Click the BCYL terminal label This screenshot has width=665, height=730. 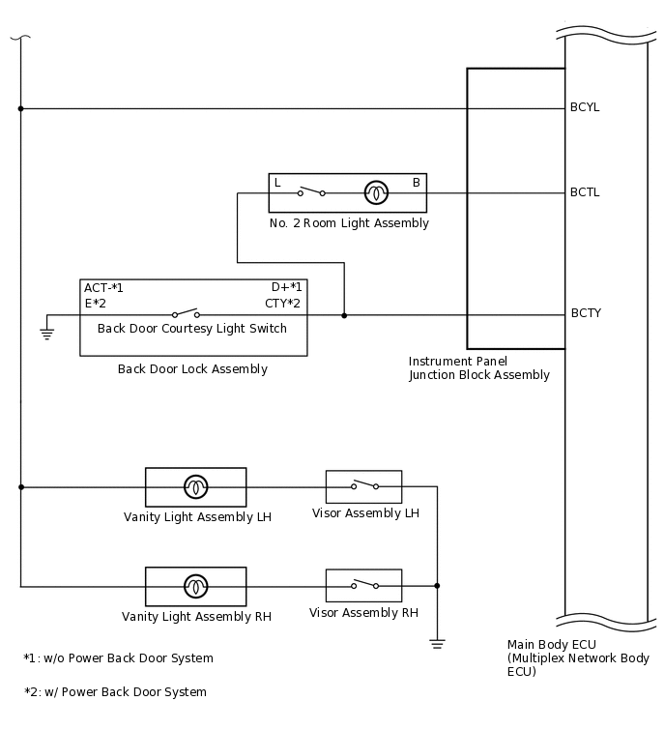585,107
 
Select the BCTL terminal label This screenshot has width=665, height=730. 585,192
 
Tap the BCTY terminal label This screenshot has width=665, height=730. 586,313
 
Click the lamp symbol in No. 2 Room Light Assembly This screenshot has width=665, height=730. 375,192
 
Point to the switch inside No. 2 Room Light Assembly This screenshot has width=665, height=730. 310,191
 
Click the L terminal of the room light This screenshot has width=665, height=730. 277,183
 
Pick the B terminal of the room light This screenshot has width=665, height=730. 416,183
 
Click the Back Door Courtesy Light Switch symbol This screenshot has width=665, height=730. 186,313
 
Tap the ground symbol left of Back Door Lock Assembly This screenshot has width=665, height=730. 46,333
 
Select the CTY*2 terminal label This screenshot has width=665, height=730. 283,304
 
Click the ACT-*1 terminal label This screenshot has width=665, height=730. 104,287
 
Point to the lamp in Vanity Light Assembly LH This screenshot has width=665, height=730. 195,486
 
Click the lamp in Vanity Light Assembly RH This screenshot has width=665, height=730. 195,586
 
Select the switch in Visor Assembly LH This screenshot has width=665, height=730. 363,485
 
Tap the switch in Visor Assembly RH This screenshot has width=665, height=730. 363,584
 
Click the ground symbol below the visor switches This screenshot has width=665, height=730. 437,642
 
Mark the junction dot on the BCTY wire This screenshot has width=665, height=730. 344,314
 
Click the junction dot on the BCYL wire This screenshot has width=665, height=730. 20,108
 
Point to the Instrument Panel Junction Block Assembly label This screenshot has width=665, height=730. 478,368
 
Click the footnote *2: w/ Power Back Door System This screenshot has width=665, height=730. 115,691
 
